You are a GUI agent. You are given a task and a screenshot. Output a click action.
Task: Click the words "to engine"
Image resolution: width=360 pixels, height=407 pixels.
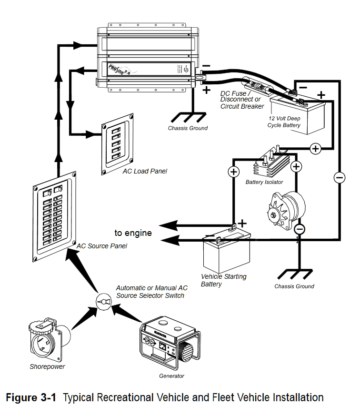[x=133, y=233]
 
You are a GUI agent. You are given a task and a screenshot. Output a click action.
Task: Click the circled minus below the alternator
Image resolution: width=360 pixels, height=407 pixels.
[x=300, y=229]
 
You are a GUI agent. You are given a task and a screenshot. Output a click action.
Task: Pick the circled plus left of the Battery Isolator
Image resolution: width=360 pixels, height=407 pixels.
[x=233, y=172]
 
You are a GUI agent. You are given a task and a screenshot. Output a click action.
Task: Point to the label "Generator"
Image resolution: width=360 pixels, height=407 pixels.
[x=171, y=376]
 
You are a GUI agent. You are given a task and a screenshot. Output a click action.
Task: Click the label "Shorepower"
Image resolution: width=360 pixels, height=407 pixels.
[x=47, y=366]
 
